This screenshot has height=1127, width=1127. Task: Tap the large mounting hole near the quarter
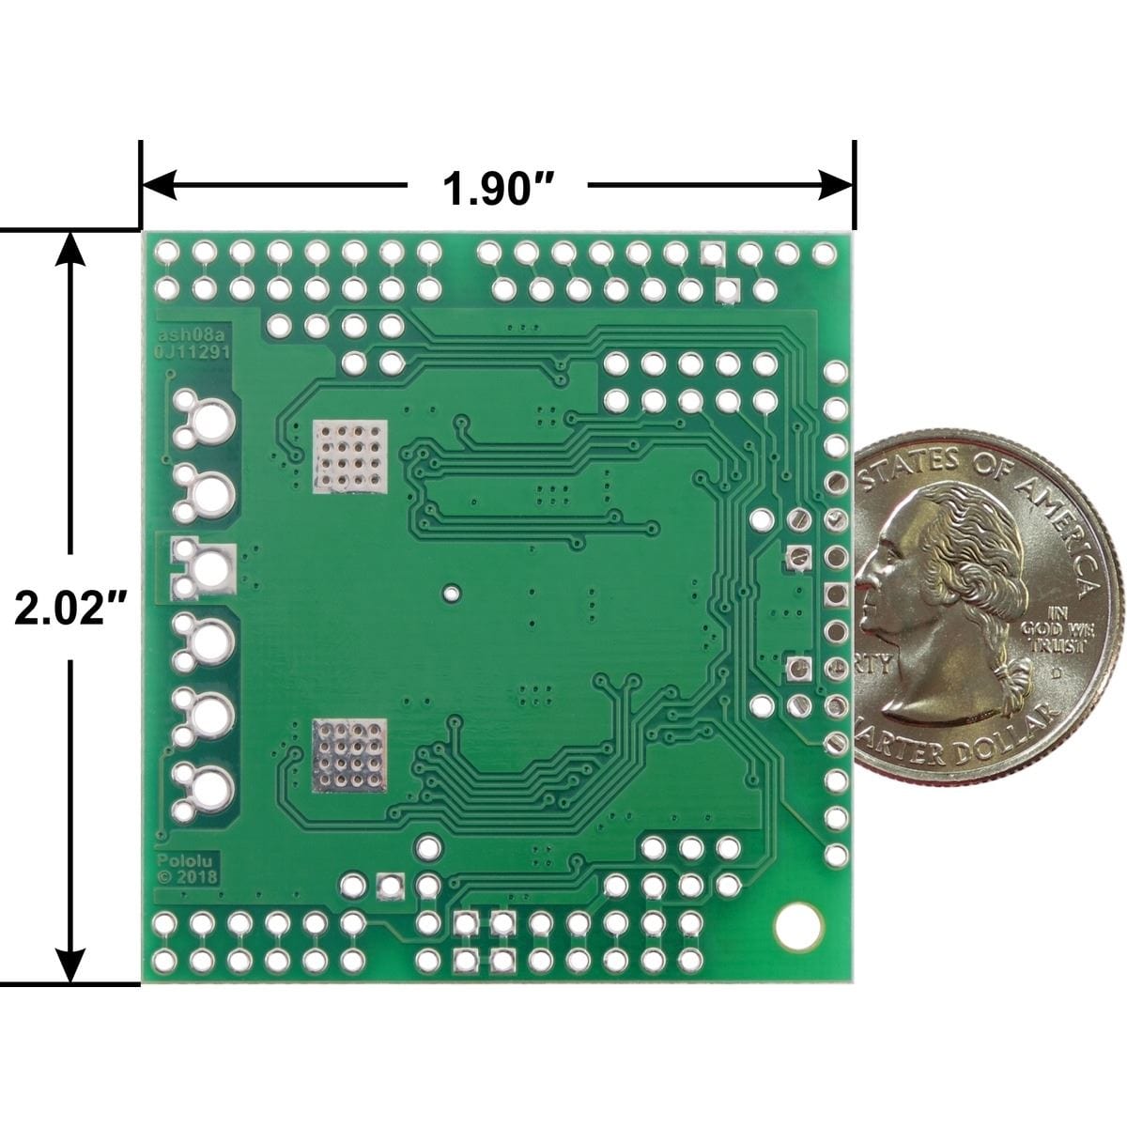pos(797,924)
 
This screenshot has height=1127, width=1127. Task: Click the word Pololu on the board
pos(177,860)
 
